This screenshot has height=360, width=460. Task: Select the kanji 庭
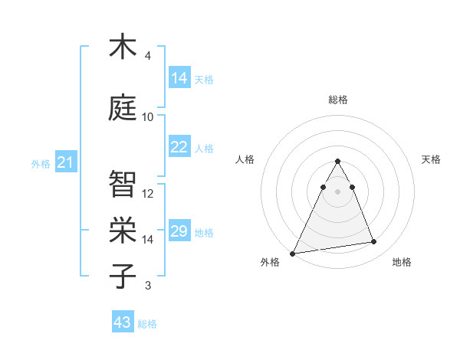tap(123, 106)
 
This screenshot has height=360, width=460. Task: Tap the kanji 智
tap(123, 183)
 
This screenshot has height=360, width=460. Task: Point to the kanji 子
tap(123, 276)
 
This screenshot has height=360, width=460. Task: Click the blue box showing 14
tap(179, 78)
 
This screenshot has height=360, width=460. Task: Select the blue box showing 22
tap(179, 147)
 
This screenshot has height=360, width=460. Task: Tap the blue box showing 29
tap(179, 231)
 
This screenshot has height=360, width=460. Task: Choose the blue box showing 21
tap(65, 162)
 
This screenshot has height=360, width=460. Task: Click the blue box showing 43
tap(123, 322)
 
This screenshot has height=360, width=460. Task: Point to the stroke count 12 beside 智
tap(148, 193)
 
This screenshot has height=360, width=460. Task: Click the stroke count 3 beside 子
tap(148, 286)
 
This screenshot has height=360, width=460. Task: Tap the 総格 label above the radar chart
tap(338, 100)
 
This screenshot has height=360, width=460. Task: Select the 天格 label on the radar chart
tap(432, 159)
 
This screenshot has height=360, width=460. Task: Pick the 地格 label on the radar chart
tap(402, 262)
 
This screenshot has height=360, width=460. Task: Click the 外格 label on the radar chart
tap(270, 262)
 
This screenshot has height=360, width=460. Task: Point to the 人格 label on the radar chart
tap(245, 159)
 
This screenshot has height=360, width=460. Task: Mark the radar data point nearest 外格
tap(292, 253)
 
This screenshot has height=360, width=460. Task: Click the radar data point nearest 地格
tap(374, 242)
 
